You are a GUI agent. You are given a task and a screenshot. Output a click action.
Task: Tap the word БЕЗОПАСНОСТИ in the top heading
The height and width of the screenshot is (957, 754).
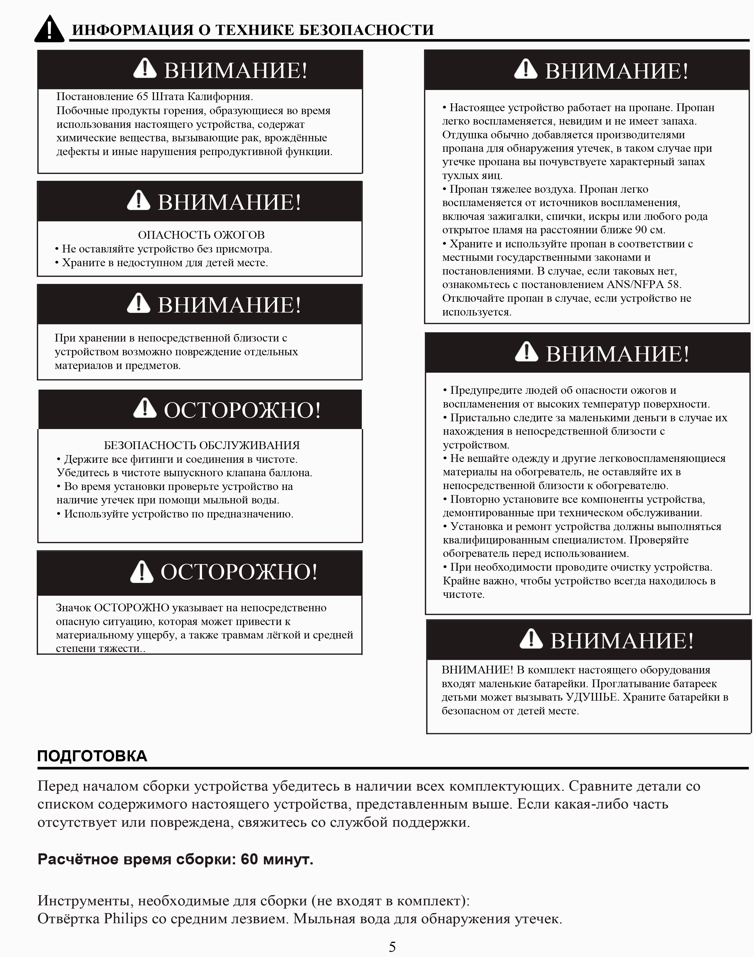(366, 30)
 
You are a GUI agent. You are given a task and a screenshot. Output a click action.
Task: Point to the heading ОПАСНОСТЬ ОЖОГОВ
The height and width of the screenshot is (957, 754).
(201, 235)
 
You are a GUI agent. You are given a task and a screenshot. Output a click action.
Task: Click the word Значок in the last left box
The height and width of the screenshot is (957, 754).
(73, 608)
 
